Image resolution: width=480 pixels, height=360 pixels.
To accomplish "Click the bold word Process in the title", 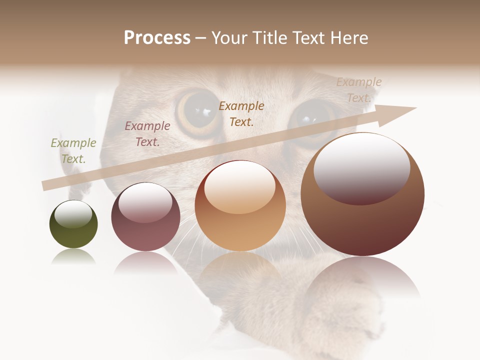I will (157, 38).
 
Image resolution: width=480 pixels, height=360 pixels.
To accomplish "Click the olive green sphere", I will (73, 224).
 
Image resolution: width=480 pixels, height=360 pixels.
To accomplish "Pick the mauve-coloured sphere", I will (145, 217).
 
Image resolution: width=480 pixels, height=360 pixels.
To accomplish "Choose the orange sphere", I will (240, 205).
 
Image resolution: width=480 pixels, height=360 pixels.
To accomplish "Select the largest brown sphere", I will (362, 195).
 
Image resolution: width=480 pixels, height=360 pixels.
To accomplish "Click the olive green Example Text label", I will (73, 151).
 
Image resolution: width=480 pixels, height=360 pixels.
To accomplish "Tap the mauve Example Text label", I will (147, 134).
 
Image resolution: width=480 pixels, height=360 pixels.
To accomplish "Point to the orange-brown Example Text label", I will (241, 113).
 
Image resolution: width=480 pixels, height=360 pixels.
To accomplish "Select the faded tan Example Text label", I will (358, 90).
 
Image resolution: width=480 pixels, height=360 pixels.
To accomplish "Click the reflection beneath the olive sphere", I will (73, 257).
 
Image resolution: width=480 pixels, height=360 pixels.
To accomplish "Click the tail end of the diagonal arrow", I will (45, 185).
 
